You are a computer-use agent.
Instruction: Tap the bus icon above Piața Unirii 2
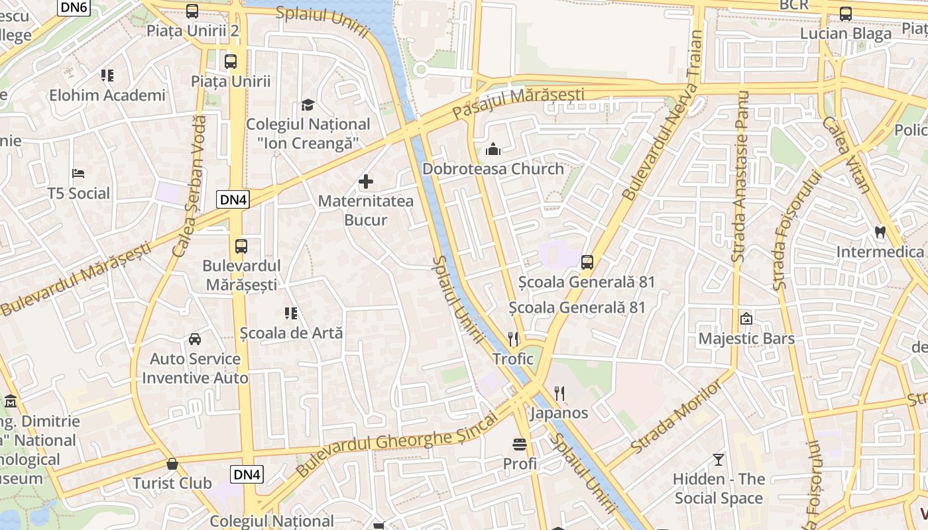(x=192, y=11)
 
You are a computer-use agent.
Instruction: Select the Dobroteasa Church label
(x=493, y=169)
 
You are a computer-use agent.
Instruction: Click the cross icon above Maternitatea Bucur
(x=365, y=182)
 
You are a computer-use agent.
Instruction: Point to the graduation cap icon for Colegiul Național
(x=308, y=105)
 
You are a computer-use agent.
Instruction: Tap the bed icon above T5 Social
(x=78, y=174)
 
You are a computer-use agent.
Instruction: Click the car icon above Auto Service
(x=195, y=339)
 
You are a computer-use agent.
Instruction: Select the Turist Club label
(x=172, y=483)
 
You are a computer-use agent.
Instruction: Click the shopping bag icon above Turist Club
(x=172, y=463)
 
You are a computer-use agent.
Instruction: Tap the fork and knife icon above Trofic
(x=513, y=339)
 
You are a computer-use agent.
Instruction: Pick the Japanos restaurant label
(x=559, y=413)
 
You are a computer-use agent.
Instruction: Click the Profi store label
(x=520, y=464)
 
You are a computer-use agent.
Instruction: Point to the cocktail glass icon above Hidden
(x=719, y=459)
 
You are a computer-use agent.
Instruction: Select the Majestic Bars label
(x=746, y=339)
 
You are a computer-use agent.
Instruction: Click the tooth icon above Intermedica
(x=880, y=232)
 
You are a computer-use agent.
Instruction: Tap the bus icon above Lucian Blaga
(x=846, y=13)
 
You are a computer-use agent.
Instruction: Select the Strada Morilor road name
(x=676, y=416)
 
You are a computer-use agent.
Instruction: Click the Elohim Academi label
(x=107, y=95)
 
